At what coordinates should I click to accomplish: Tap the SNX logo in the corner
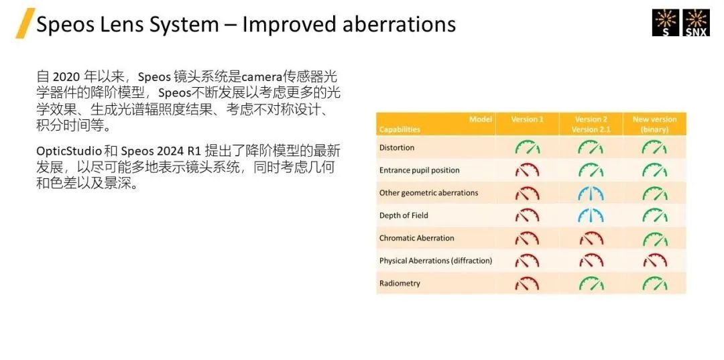[696, 23]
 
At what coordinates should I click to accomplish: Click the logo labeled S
[666, 23]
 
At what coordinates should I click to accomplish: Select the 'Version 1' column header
[527, 119]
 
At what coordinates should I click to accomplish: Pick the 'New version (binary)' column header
[655, 125]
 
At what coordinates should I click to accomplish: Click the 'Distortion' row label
[397, 147]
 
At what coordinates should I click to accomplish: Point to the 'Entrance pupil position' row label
[419, 170]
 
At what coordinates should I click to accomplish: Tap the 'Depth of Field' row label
[404, 216]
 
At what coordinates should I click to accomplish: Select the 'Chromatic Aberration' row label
[416, 238]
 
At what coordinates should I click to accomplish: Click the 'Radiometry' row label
[400, 284]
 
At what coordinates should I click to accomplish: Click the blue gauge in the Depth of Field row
[591, 216]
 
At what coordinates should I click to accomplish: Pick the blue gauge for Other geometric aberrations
[591, 193]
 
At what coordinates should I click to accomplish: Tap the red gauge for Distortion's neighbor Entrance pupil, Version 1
[527, 170]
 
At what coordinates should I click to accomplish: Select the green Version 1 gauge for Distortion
[527, 147]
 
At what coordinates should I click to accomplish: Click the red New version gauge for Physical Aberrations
[655, 261]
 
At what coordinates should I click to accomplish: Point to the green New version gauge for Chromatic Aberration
[655, 238]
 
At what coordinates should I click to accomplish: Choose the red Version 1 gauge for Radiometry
[527, 284]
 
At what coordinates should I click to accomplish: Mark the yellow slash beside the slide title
[25, 23]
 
